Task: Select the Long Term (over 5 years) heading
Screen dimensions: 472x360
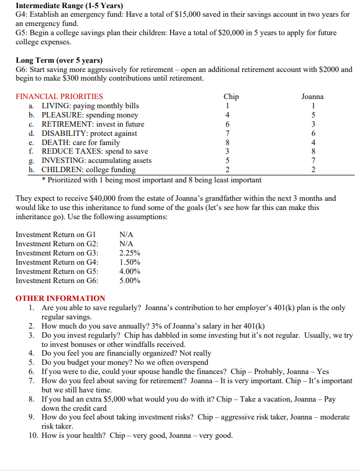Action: click(x=59, y=60)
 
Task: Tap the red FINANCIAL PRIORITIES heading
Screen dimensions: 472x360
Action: click(x=60, y=96)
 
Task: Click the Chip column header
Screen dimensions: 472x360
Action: click(x=231, y=96)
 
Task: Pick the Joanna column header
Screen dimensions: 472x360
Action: click(x=312, y=96)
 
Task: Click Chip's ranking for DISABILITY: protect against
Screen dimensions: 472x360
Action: click(x=228, y=133)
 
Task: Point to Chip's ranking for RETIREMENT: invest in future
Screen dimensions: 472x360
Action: click(x=228, y=124)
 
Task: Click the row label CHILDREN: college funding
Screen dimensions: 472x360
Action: click(x=89, y=170)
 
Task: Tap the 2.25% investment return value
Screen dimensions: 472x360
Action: click(x=130, y=253)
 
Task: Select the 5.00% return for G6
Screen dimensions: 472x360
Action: click(x=130, y=280)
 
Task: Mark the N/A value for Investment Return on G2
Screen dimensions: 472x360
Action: click(x=126, y=244)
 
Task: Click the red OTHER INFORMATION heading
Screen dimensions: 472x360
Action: click(x=61, y=298)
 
